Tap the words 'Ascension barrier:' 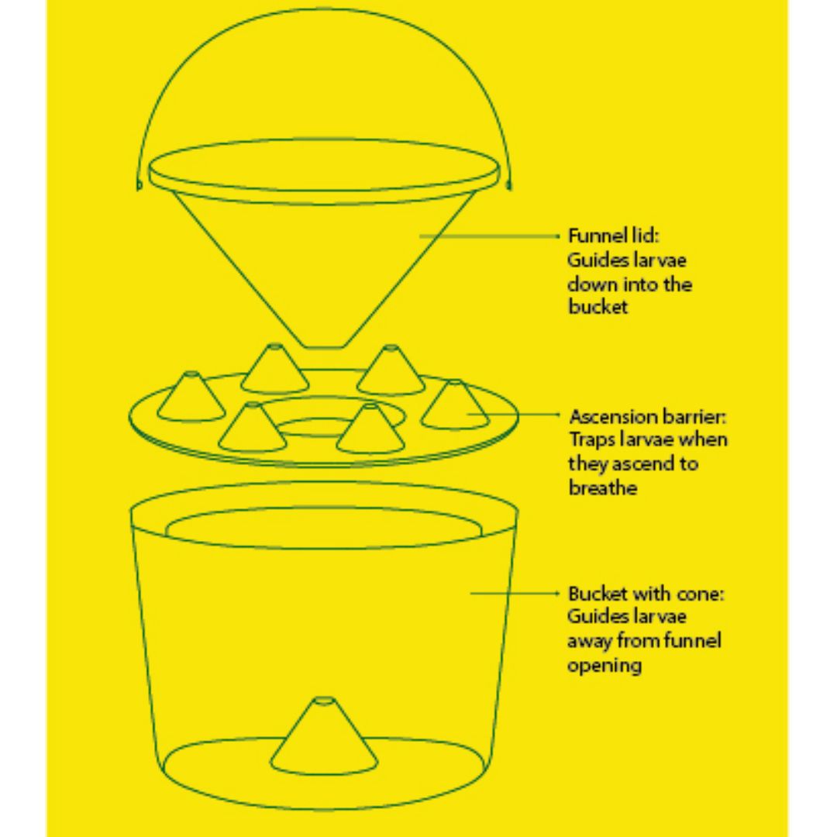[x=648, y=416]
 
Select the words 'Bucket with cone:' [x=646, y=594]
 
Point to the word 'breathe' [x=603, y=487]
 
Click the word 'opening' [x=604, y=666]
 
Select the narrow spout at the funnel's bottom [x=323, y=344]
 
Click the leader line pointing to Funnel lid [x=489, y=236]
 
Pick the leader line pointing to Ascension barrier [x=513, y=414]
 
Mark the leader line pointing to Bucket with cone [x=515, y=593]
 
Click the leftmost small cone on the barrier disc [x=191, y=397]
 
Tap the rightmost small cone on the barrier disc [x=455, y=404]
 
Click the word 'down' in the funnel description [x=591, y=284]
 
